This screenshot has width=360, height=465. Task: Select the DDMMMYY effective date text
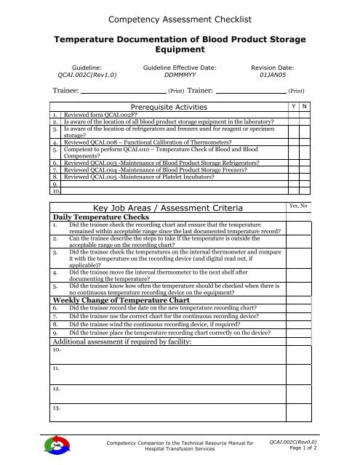179,74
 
